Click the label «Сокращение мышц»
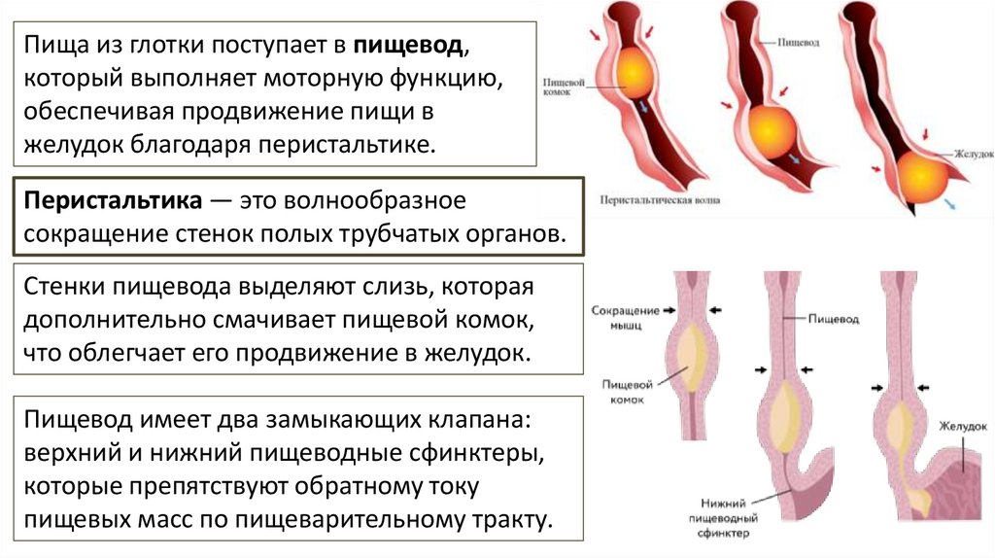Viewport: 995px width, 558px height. pos(624,317)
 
